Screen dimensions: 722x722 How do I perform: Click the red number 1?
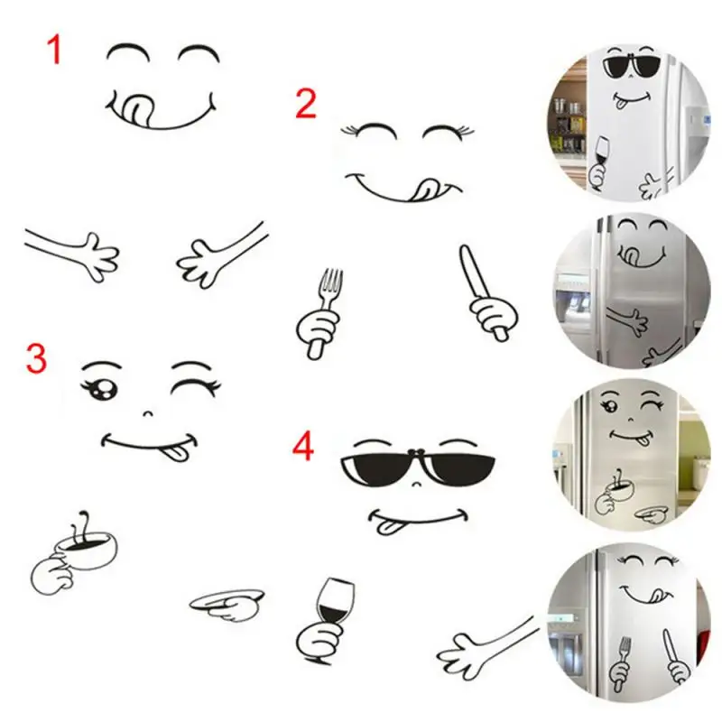[55, 50]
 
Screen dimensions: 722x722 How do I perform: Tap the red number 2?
[306, 105]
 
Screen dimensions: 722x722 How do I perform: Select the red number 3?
[36, 358]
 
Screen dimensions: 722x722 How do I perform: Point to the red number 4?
[304, 447]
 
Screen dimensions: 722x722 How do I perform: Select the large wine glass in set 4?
[335, 599]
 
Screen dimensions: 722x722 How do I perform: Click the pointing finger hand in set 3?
[226, 602]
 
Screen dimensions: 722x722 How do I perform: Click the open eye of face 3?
[101, 390]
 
